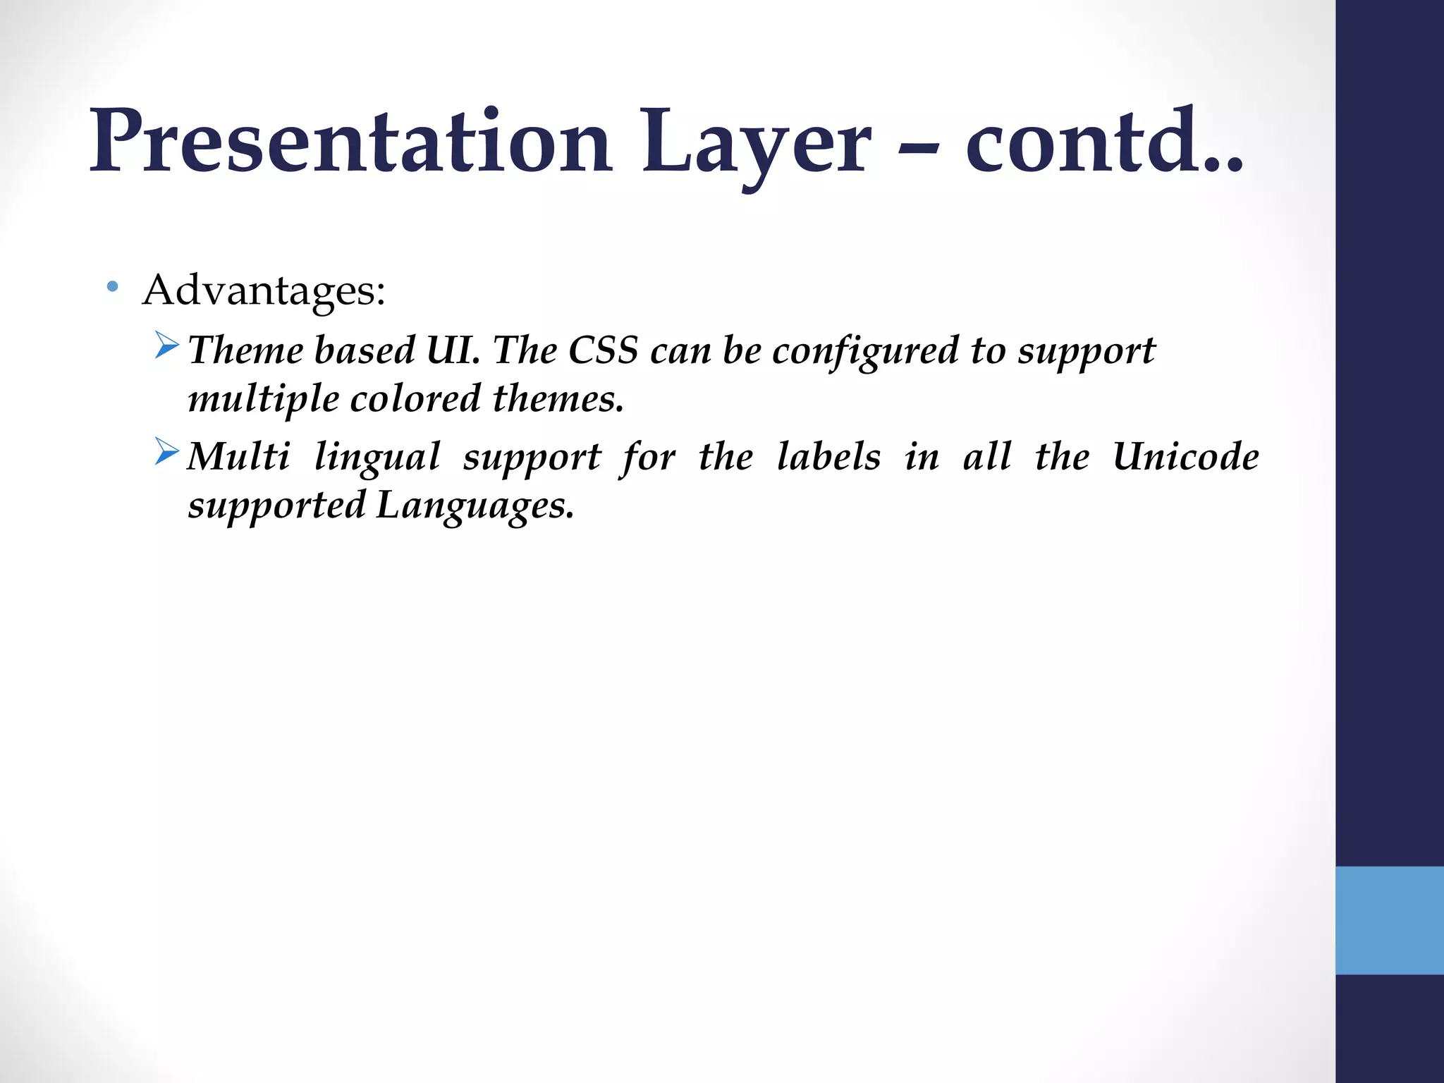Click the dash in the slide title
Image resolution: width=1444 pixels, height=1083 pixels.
pos(919,148)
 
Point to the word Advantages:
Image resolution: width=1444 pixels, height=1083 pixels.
pos(264,290)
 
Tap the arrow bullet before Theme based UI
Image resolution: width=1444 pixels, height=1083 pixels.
pos(167,345)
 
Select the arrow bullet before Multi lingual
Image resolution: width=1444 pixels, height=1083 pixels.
pos(167,452)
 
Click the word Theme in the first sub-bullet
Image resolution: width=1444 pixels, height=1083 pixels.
pos(245,350)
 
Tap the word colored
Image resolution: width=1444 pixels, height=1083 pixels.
pos(415,399)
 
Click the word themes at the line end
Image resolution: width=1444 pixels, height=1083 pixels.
pos(557,399)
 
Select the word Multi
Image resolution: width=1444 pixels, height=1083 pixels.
pos(238,456)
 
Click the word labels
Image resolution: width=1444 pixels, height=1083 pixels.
pos(828,456)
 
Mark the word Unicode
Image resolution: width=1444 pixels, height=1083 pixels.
pos(1185,456)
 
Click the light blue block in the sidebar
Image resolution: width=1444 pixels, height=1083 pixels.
pos(1389,920)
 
